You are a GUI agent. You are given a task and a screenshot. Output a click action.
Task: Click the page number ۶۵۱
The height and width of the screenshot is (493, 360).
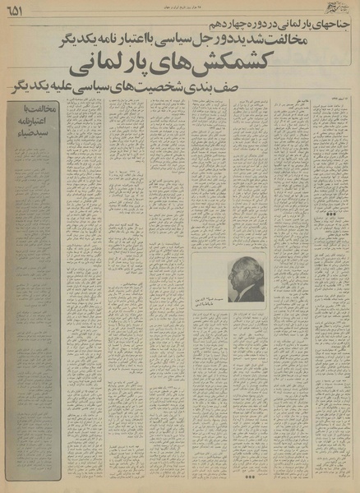tap(16, 10)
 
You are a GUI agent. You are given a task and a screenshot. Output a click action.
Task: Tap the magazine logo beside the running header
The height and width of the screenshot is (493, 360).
tap(344, 9)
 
